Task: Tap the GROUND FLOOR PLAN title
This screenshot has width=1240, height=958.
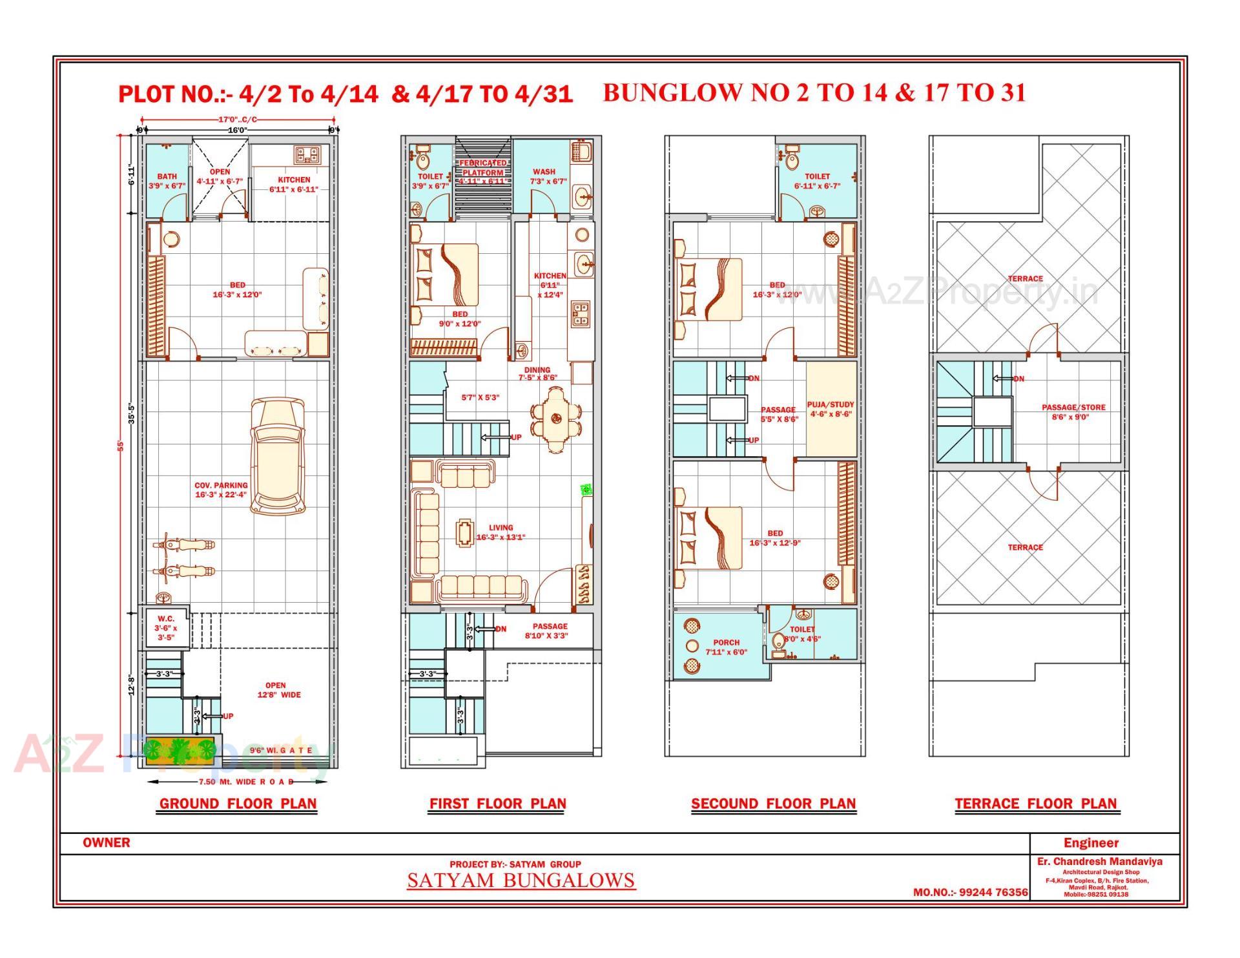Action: [238, 804]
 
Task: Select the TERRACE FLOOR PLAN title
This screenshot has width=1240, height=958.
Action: [1035, 804]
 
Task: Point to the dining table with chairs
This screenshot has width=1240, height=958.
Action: [555, 419]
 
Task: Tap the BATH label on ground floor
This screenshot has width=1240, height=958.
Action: [167, 176]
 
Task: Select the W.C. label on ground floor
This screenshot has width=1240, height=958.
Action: [166, 619]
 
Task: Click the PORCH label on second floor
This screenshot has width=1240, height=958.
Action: [726, 643]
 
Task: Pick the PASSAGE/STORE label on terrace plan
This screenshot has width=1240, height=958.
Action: [1073, 408]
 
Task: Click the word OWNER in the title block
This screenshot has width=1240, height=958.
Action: [106, 843]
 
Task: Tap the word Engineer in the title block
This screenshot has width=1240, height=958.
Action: [1091, 843]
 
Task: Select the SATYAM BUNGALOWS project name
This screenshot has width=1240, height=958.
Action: [521, 880]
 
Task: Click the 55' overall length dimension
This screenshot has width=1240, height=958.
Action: [119, 446]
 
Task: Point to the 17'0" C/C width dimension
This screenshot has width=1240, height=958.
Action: [237, 120]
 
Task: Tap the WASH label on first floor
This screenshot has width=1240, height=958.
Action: [544, 172]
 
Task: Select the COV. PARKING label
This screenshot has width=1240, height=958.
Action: [221, 485]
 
